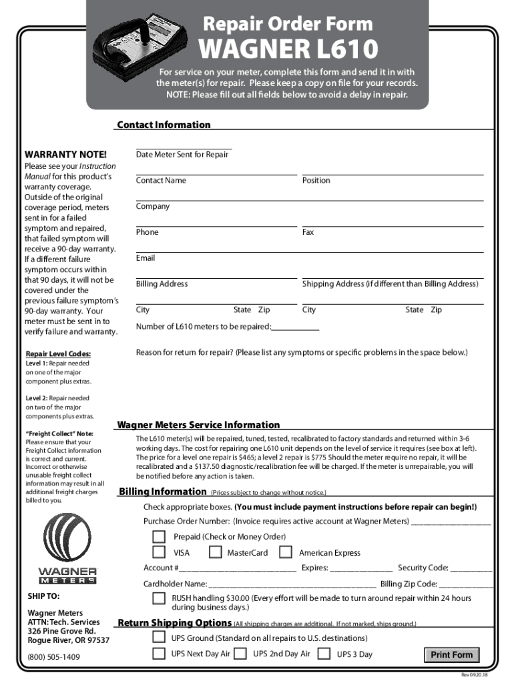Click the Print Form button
tap(451, 654)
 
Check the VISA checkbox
tap(159, 552)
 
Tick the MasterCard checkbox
tap(216, 552)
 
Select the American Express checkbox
tap(286, 552)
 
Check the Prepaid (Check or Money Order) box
tap(159, 537)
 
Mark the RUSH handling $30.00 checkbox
tap(159, 599)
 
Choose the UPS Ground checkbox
tap(159, 638)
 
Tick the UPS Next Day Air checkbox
tap(159, 654)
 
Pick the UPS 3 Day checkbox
tap(324, 654)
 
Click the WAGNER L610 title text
tap(286, 49)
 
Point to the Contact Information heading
tap(164, 125)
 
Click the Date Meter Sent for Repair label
tap(182, 155)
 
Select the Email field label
tap(146, 258)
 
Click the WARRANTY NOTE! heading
tap(56, 155)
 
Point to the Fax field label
tap(308, 232)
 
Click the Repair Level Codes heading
tap(58, 354)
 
